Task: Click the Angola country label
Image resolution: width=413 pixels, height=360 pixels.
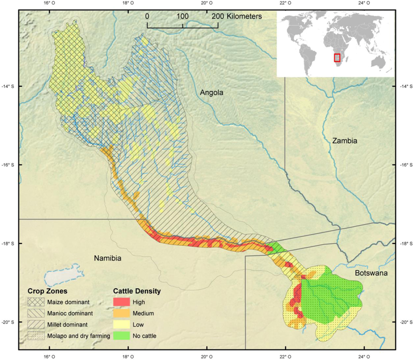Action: click(211, 93)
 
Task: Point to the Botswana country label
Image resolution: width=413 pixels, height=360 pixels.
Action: click(371, 273)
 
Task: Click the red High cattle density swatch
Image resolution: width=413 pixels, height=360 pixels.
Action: click(121, 302)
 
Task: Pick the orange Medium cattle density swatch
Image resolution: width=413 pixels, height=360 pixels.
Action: click(121, 313)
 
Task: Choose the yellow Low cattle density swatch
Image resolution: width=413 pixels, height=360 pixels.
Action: click(121, 324)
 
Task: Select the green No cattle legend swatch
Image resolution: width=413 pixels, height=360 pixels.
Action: click(121, 335)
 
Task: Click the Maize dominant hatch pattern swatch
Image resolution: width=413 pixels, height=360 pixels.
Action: click(36, 302)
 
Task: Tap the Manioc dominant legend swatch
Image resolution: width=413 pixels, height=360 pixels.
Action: click(36, 313)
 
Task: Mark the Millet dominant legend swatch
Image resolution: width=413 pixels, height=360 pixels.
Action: click(36, 324)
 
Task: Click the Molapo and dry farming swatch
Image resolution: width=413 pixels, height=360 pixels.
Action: click(36, 335)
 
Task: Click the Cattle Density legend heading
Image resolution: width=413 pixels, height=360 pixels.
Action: click(137, 291)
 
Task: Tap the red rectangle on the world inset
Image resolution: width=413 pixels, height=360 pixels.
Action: click(337, 57)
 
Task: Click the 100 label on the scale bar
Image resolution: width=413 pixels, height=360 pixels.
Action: click(182, 17)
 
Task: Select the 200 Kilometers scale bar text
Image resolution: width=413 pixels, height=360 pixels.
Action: click(236, 17)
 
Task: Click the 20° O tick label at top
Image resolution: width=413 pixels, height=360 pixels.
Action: click(206, 4)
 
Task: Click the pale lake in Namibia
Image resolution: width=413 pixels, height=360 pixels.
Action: click(63, 276)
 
